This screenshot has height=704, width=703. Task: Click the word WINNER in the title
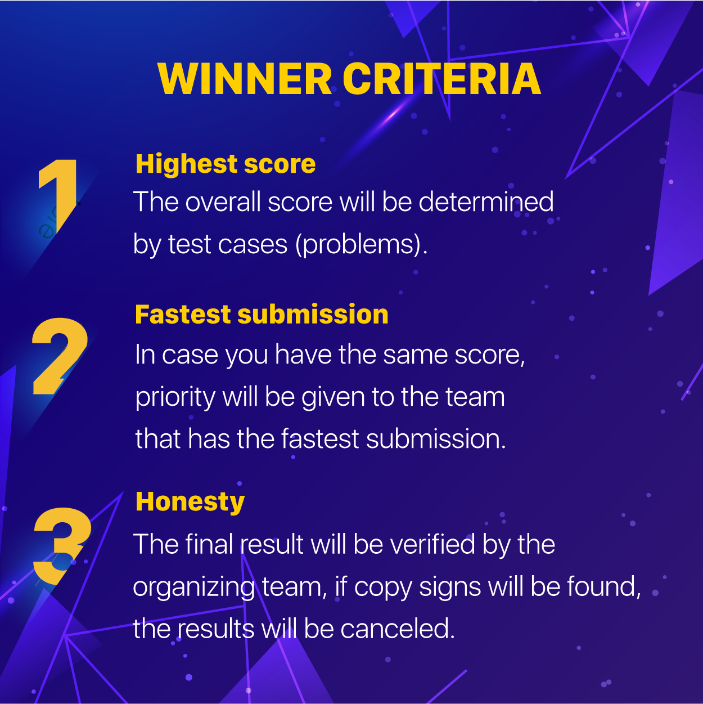tap(245, 79)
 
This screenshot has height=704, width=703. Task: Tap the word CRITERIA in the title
tap(441, 79)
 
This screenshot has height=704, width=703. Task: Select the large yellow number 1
tap(58, 195)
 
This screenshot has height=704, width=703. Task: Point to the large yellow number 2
tap(60, 356)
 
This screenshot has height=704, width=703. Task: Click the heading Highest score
tap(226, 164)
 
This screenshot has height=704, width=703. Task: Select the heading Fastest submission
tap(262, 314)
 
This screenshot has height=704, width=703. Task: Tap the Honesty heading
tap(190, 503)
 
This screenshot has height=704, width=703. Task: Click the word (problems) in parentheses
tap(361, 244)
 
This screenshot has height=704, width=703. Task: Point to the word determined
tap(486, 201)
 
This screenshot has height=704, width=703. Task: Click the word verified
tap(432, 544)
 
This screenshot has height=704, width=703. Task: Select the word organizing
tap(193, 588)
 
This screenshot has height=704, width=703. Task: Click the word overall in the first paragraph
tap(223, 201)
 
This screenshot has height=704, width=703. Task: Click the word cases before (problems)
tap(253, 244)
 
